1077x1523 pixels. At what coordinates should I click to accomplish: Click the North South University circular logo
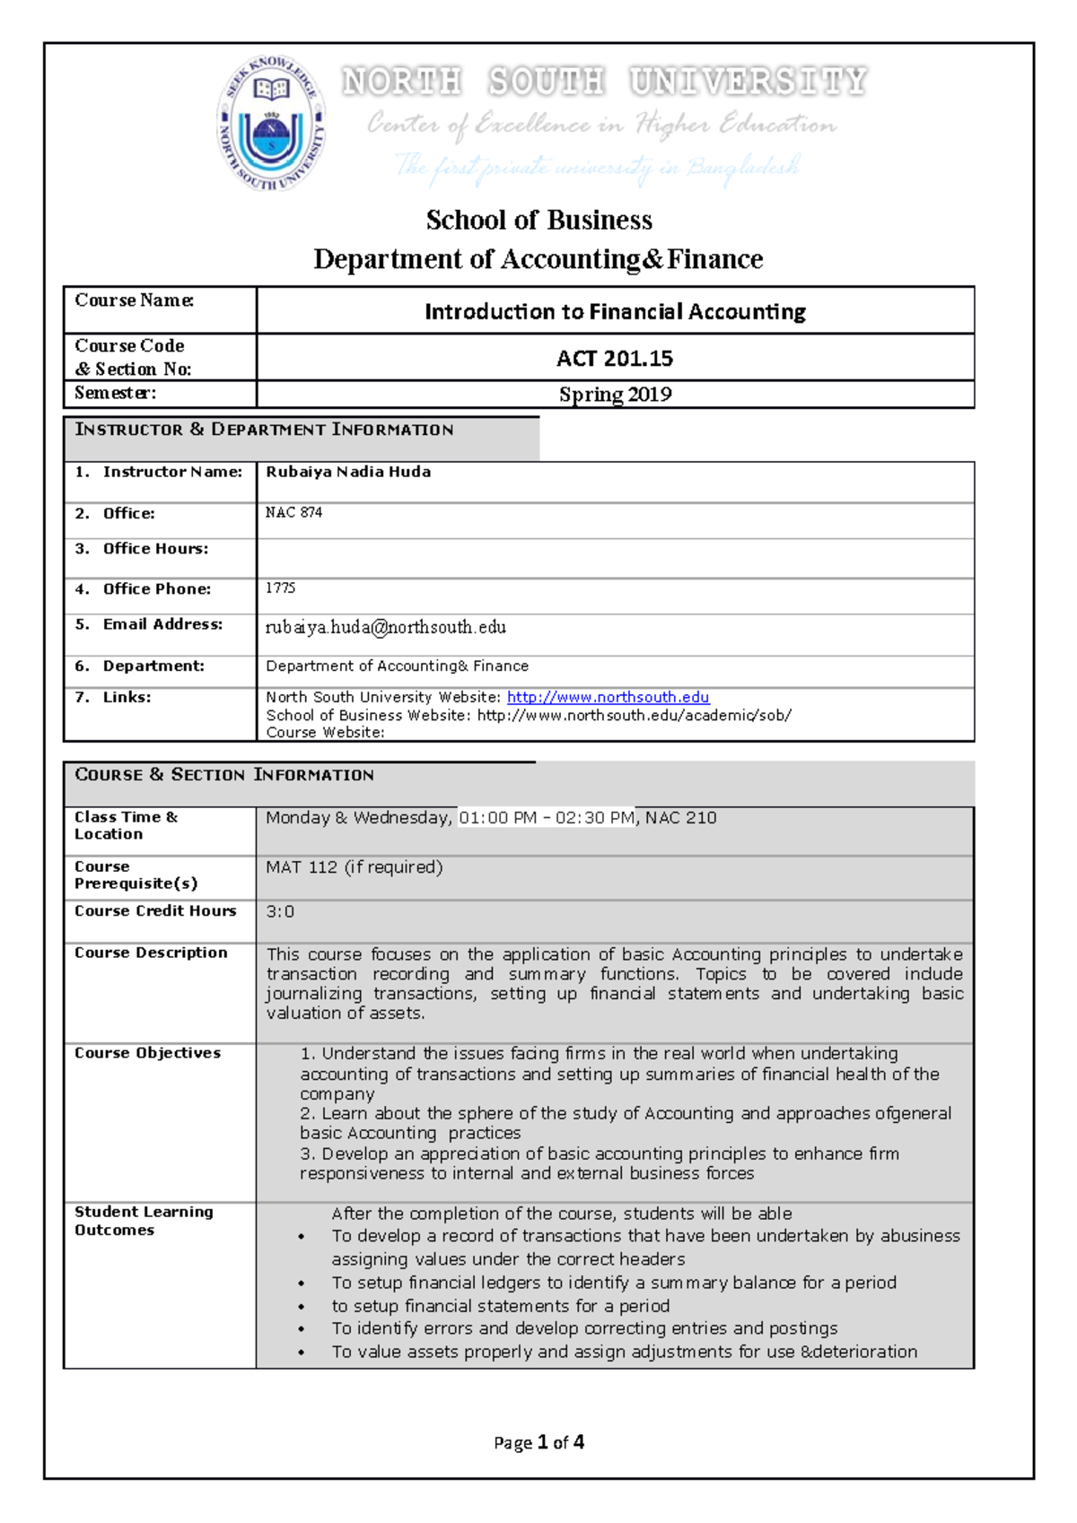coord(271,124)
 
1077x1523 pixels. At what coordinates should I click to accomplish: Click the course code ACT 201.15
coord(615,358)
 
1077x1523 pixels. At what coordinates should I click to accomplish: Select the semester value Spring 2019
coord(615,395)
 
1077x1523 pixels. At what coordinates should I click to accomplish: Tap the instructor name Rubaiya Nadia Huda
coord(348,472)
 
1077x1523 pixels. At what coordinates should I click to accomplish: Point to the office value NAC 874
coord(293,512)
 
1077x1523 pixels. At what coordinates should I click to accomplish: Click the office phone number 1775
coord(280,587)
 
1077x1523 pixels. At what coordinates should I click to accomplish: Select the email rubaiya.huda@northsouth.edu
coord(385,627)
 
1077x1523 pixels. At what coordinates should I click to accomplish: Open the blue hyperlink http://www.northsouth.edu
coord(608,697)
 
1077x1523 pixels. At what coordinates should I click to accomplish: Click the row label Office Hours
coord(154,549)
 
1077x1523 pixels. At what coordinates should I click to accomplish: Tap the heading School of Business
coord(538,220)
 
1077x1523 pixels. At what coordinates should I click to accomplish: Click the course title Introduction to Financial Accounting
coord(615,311)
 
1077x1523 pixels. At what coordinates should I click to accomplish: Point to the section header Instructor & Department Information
coord(264,430)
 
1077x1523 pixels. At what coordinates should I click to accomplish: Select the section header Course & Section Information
coord(224,775)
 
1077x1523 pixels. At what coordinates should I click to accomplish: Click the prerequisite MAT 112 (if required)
coord(354,867)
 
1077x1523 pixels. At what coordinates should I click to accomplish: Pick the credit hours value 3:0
coord(280,911)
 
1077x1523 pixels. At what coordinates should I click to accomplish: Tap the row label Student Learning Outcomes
coord(144,1221)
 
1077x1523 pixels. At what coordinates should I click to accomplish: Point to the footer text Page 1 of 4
coord(538,1442)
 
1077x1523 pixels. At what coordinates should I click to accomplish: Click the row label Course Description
coord(151,953)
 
